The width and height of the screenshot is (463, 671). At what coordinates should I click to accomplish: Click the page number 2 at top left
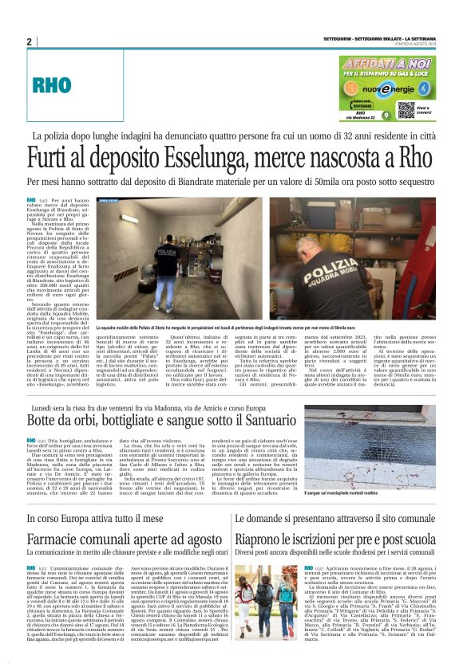pos(29,41)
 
